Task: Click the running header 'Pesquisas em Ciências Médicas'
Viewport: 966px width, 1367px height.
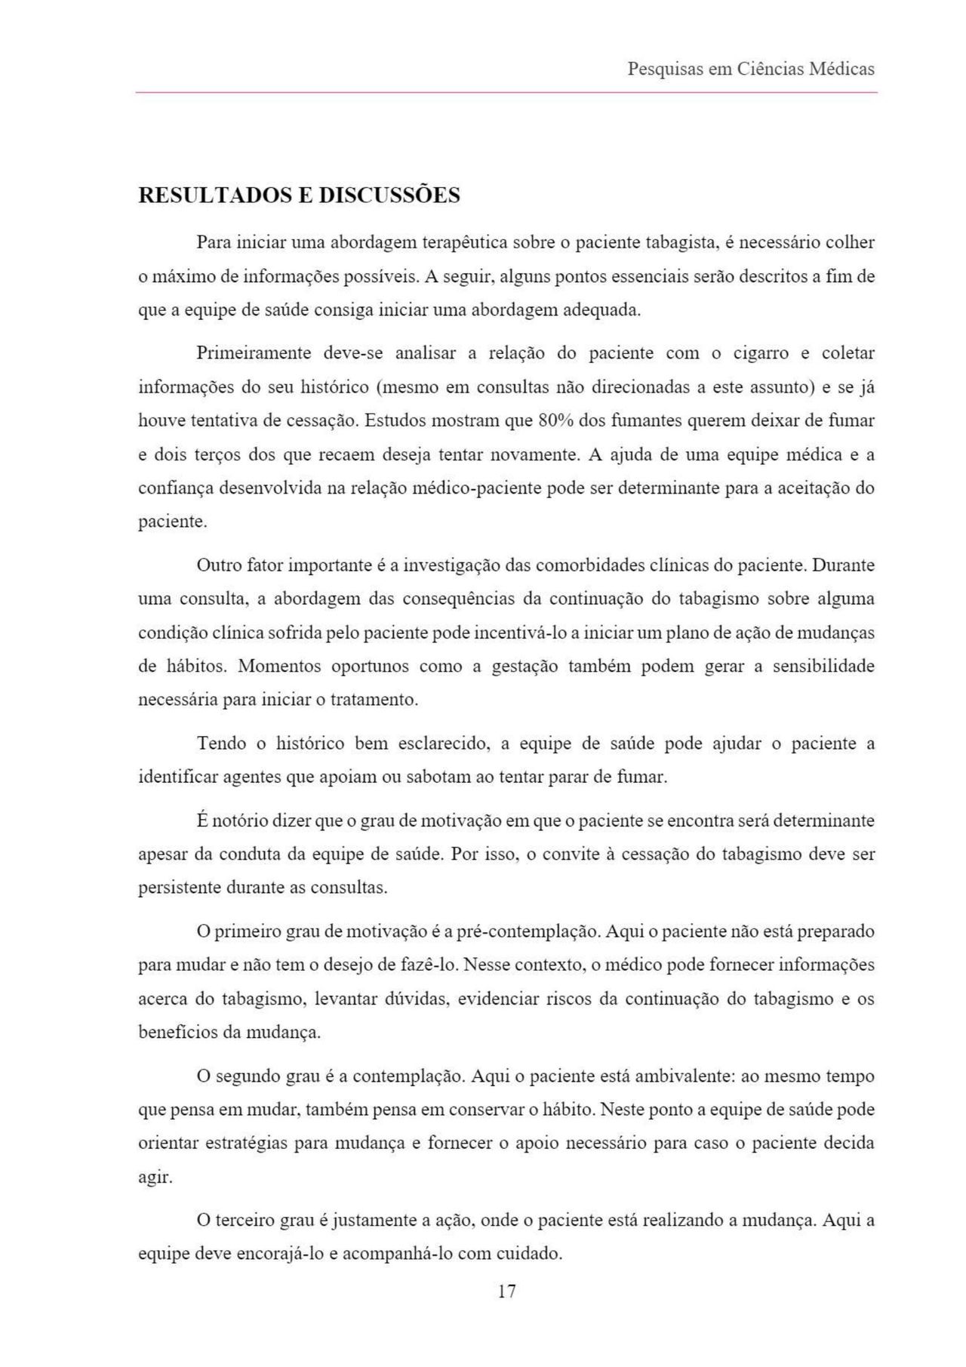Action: pos(750,69)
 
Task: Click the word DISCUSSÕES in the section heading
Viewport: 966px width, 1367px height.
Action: pos(389,196)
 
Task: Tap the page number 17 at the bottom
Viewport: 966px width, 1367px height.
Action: pos(507,1292)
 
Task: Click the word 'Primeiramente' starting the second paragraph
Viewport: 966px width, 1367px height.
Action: pos(254,353)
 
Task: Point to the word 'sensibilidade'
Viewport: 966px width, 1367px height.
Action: pos(823,667)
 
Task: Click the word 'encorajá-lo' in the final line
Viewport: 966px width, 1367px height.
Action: pos(280,1255)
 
